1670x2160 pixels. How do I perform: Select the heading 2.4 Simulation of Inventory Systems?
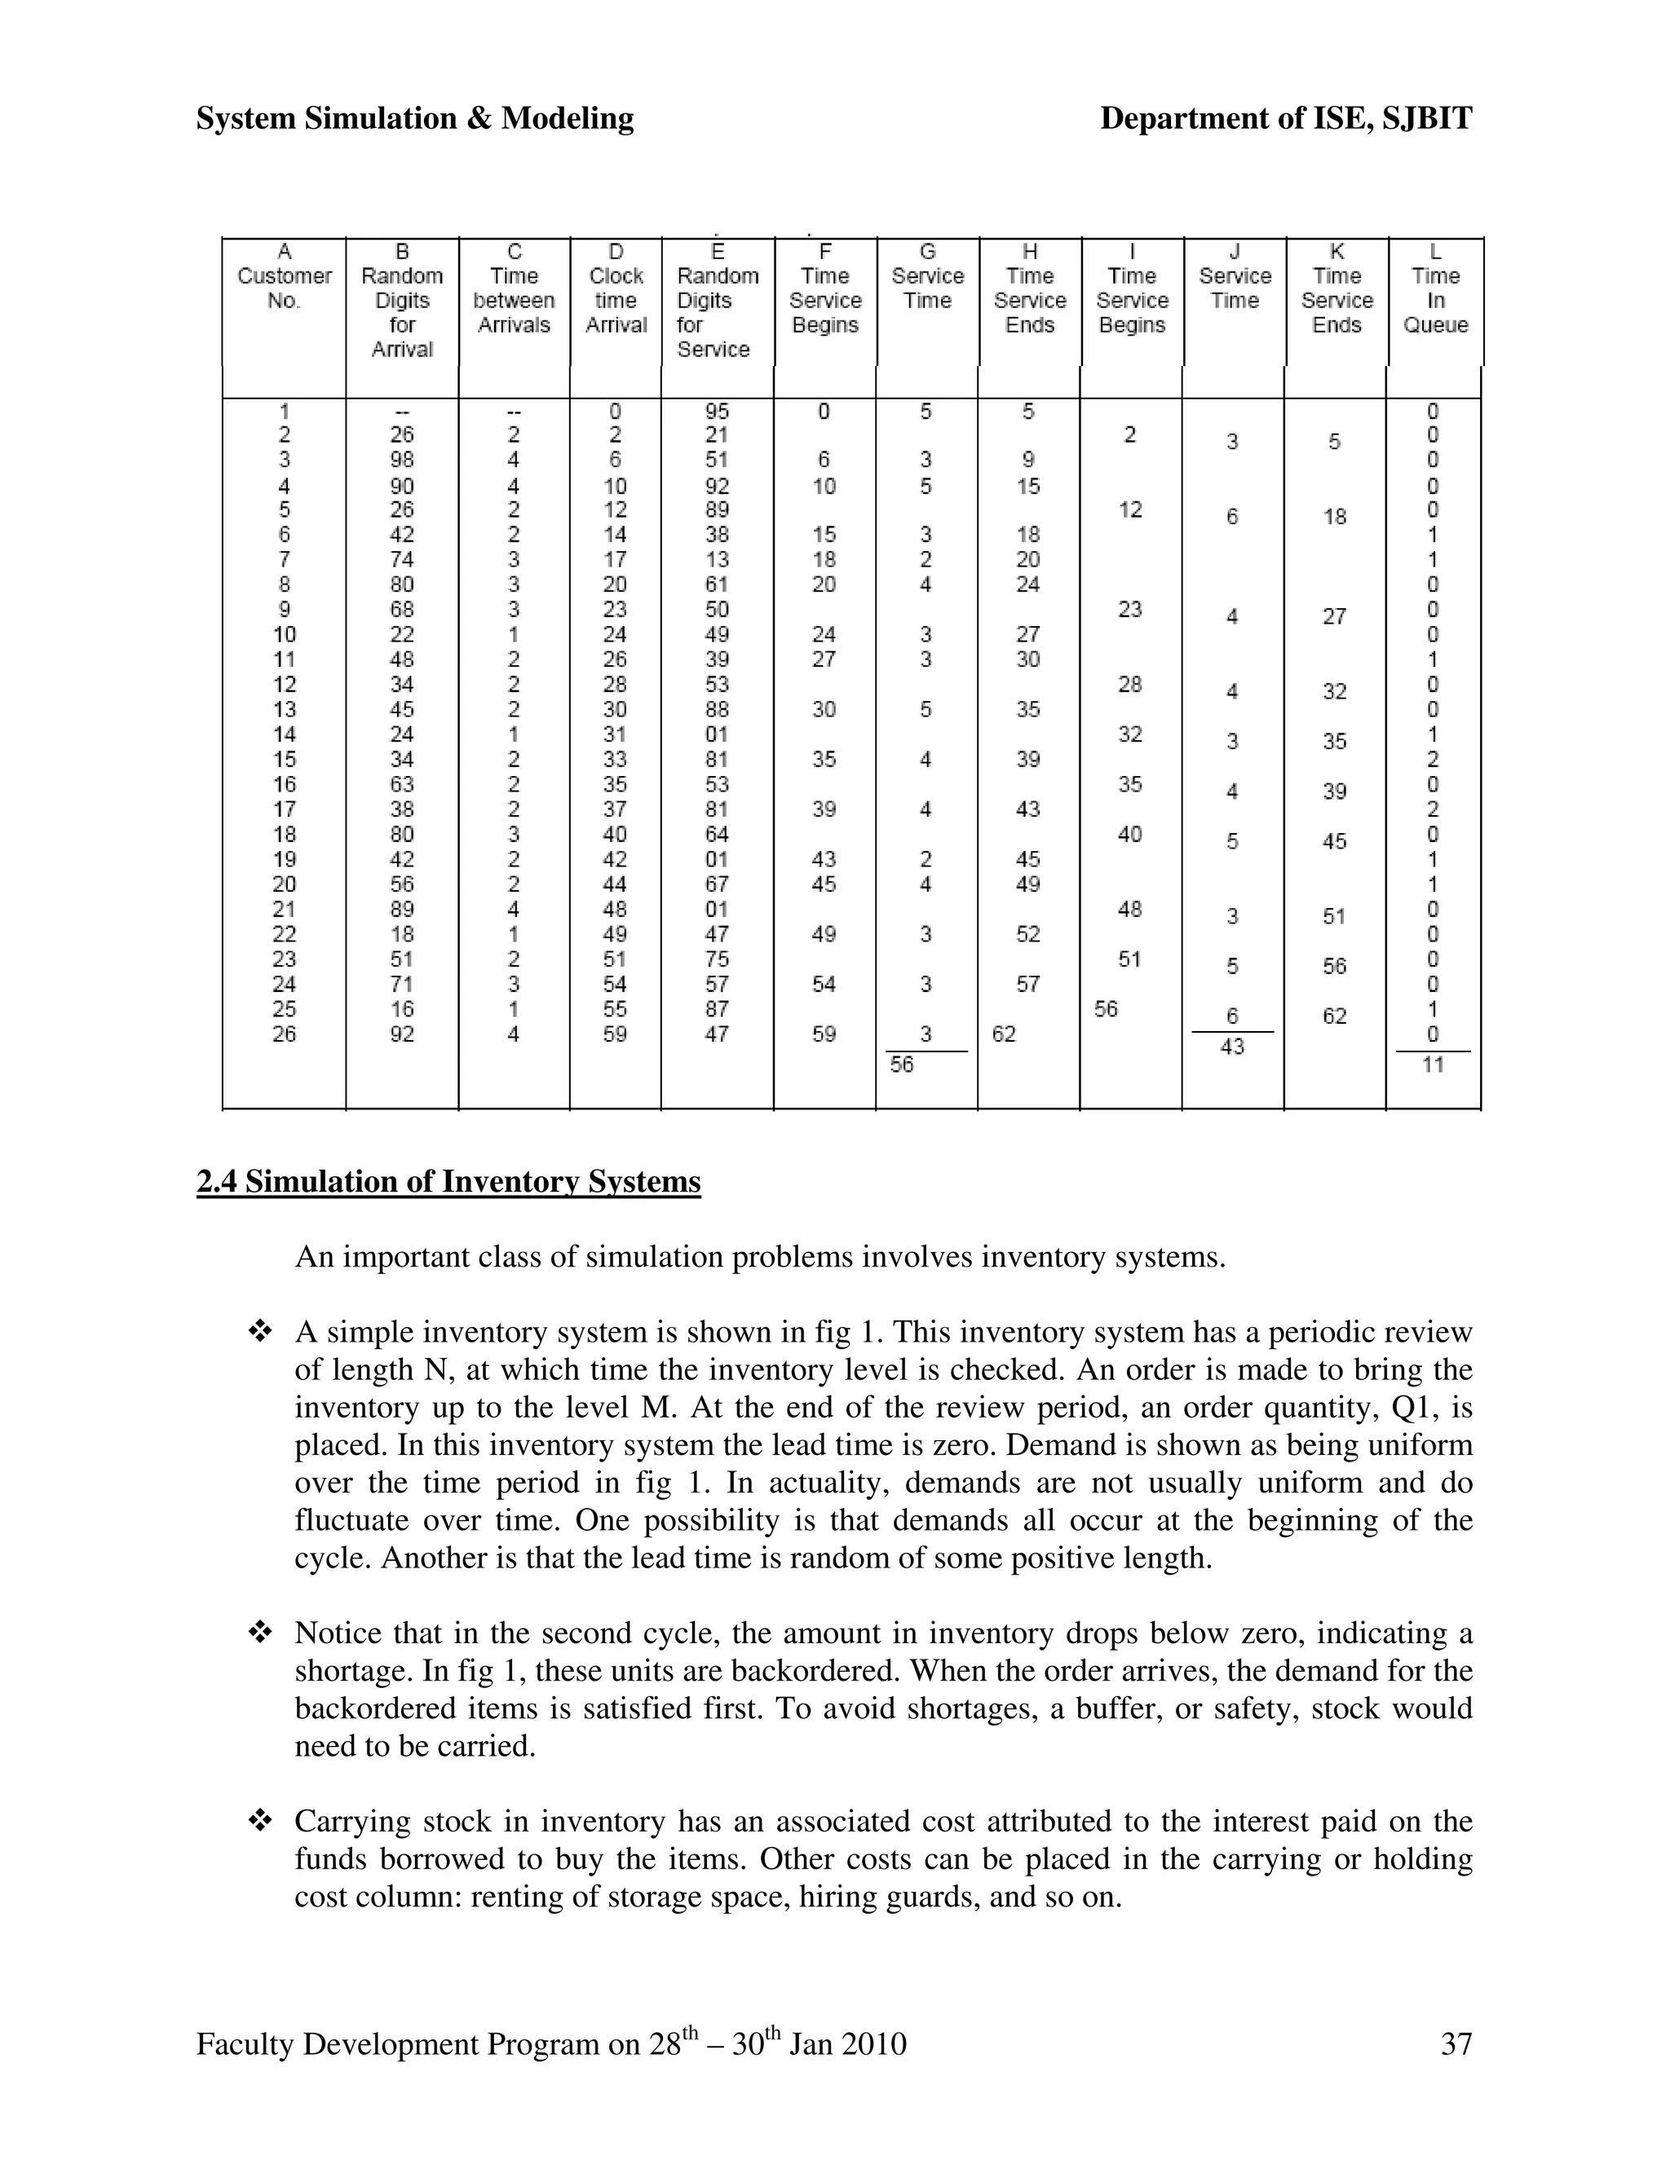point(448,1182)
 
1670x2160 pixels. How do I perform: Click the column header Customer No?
point(285,288)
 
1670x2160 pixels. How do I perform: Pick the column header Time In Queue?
point(1435,300)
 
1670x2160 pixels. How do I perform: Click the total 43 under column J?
point(1232,1047)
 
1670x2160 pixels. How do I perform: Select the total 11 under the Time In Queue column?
point(1433,1065)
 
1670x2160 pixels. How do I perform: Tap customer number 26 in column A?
point(284,1034)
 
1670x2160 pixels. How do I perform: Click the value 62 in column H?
point(1003,1034)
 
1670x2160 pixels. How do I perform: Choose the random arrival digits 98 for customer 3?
point(402,460)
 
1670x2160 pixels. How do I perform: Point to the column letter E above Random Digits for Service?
point(718,252)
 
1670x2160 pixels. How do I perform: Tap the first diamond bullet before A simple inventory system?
point(260,1332)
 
